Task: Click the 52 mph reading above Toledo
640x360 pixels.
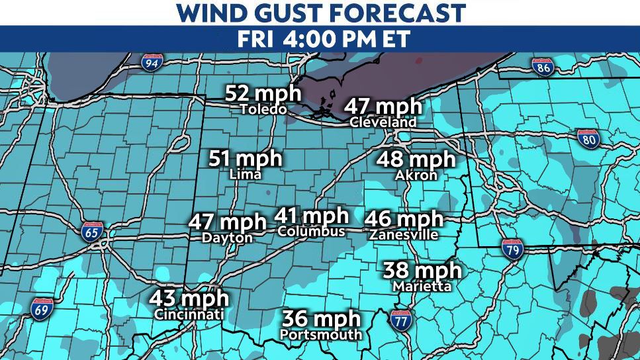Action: (263, 93)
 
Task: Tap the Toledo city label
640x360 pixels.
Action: (263, 109)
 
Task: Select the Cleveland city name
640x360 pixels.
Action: (383, 122)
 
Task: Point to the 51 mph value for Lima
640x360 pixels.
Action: (246, 159)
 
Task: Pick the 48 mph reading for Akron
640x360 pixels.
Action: (416, 160)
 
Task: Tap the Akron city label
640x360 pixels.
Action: (416, 176)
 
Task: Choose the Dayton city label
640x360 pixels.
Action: (228, 238)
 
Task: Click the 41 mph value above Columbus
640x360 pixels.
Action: (312, 216)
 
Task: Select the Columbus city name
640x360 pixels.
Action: (312, 232)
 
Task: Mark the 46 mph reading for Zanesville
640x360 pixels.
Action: (403, 219)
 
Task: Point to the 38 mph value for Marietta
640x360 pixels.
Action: (422, 271)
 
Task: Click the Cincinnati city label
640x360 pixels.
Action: (189, 315)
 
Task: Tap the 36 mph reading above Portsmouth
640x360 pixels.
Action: (321, 318)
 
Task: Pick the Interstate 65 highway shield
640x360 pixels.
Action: (91, 232)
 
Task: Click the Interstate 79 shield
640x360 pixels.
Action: (511, 249)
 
